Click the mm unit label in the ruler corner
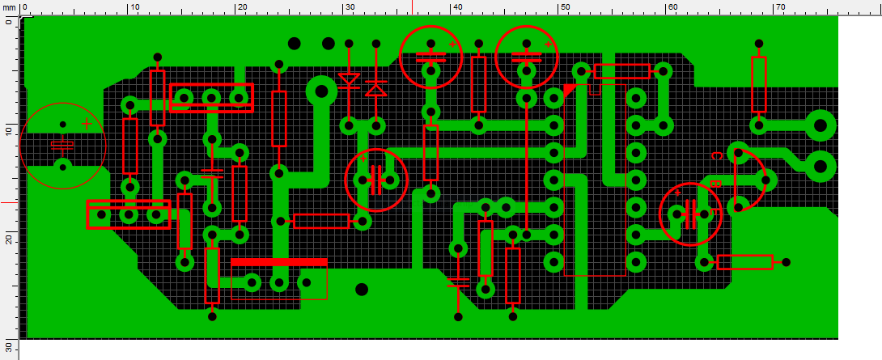(x=8, y=6)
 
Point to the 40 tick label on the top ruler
(x=456, y=6)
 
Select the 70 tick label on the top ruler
(x=780, y=6)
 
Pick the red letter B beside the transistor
(x=716, y=184)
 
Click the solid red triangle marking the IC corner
(x=570, y=90)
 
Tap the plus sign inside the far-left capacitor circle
(x=87, y=124)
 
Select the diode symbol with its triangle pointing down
(x=349, y=79)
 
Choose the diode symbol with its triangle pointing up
(x=375, y=88)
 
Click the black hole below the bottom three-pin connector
(x=362, y=290)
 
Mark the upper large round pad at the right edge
(x=821, y=125)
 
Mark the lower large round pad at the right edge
(x=821, y=166)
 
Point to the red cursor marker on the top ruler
(x=413, y=7)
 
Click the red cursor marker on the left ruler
(x=10, y=202)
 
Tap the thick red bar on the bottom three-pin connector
(x=279, y=262)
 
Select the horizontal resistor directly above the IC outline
(x=622, y=71)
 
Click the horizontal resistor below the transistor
(x=744, y=262)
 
